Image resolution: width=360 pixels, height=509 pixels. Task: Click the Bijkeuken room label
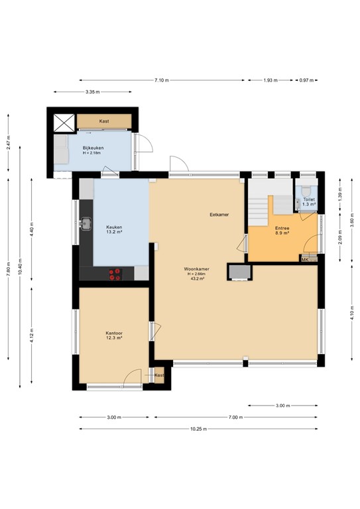coord(93,148)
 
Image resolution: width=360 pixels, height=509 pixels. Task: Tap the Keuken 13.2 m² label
coord(114,229)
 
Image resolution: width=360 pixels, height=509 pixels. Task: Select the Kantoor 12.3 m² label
coord(114,335)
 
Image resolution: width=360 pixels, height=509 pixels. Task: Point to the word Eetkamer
coord(219,215)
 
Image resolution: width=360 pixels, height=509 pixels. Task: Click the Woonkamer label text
coord(196,269)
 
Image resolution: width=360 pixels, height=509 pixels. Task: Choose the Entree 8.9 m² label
coord(282,231)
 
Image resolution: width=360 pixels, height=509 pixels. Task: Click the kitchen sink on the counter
coord(86,223)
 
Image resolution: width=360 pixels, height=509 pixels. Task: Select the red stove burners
coord(115,274)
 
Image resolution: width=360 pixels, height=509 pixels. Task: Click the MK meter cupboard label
coord(305,260)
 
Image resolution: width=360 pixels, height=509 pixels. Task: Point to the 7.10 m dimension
coord(162,80)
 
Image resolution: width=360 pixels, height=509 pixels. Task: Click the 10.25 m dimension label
coord(199,429)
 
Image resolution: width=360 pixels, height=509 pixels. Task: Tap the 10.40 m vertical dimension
coord(20,267)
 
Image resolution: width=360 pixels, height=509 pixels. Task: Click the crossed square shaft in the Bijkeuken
coord(64,123)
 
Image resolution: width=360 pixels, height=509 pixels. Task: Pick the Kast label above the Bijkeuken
coord(104,121)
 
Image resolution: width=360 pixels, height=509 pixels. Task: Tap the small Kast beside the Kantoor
coord(159,375)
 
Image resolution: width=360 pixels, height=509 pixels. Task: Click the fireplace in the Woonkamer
coord(240,272)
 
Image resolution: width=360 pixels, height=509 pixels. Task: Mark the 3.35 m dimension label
coord(93,92)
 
